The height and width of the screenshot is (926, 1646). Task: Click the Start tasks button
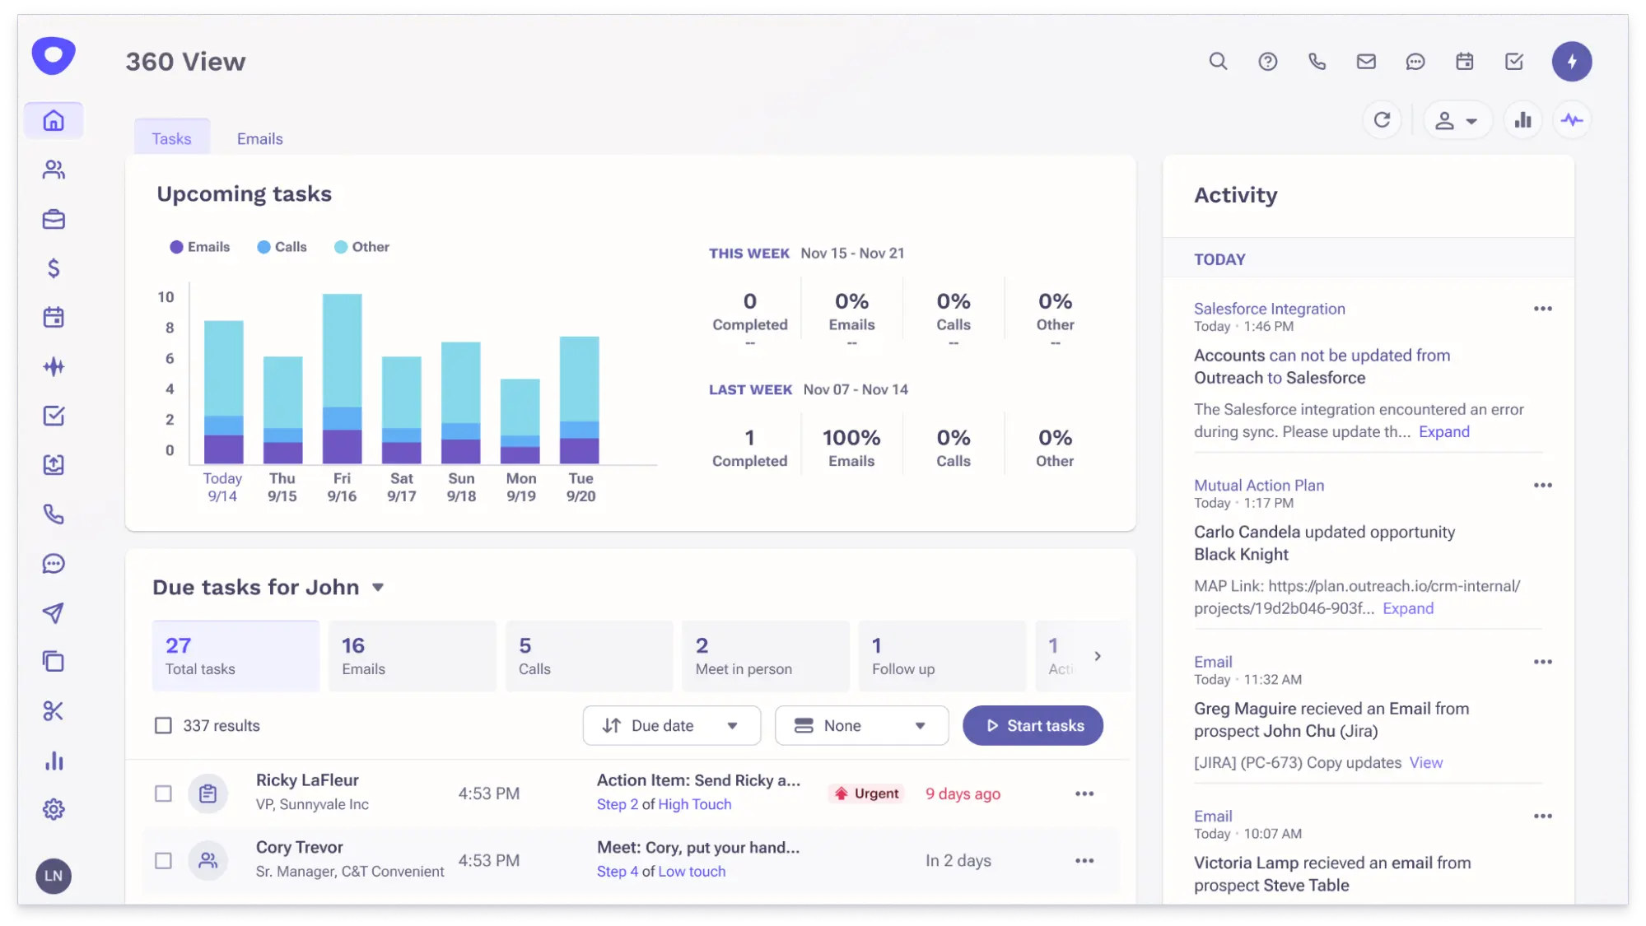[x=1033, y=725]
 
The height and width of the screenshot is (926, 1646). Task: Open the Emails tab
[x=259, y=138]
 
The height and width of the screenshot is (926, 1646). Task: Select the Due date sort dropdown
[x=671, y=725]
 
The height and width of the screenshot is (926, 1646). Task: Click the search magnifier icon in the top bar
[x=1218, y=61]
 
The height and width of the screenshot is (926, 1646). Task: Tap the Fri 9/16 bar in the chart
[x=342, y=379]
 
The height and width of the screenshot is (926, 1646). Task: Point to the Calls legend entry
[x=282, y=247]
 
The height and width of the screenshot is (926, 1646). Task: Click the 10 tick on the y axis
[x=166, y=297]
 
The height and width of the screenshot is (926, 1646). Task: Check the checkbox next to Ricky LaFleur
[x=163, y=793]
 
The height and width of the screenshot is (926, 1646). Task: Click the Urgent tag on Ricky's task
[x=867, y=793]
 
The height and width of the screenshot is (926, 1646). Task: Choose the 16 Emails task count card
[x=412, y=656]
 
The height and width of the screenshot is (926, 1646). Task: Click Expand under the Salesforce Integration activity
[x=1443, y=431]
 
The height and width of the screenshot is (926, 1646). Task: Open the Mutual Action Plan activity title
[x=1258, y=485]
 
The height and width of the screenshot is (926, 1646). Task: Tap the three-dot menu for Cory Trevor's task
[x=1084, y=860]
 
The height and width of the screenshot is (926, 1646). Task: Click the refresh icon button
[x=1382, y=120]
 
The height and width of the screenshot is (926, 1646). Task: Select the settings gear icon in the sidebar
[x=54, y=809]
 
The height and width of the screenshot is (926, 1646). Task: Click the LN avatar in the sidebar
[x=54, y=876]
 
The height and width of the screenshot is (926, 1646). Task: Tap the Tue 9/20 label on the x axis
[x=581, y=487]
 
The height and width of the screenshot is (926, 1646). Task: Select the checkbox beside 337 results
[x=163, y=725]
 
